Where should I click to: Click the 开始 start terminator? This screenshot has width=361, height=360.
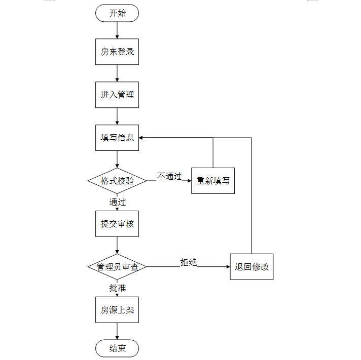coord(117,13)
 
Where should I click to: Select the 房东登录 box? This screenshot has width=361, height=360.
coord(117,52)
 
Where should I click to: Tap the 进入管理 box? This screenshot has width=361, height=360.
coord(117,95)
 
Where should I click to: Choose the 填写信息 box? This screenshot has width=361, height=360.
coord(117,138)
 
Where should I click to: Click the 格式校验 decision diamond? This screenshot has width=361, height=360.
coord(117,181)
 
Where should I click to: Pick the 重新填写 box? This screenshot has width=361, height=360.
coord(213,181)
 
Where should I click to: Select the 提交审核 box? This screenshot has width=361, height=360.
coord(117,224)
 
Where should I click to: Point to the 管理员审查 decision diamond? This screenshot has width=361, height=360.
coord(117,267)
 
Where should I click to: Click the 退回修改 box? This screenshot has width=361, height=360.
coord(251,267)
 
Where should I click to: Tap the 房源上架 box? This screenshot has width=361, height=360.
coord(117,310)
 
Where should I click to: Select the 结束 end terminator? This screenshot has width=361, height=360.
coord(117,348)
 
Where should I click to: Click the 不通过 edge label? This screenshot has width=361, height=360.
coord(169,176)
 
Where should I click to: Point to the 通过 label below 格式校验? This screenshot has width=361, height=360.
coord(118,202)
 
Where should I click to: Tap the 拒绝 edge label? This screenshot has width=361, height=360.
coord(188,262)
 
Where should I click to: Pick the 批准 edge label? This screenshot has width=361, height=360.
coord(118,288)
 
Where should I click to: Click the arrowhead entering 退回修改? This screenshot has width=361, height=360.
coord(228,267)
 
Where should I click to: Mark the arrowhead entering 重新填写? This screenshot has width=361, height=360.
coord(190,181)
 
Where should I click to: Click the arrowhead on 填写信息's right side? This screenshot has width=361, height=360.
coord(140,138)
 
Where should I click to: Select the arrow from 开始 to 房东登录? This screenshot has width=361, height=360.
coord(117,30)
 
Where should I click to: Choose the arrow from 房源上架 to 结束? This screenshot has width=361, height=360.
coord(117,331)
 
